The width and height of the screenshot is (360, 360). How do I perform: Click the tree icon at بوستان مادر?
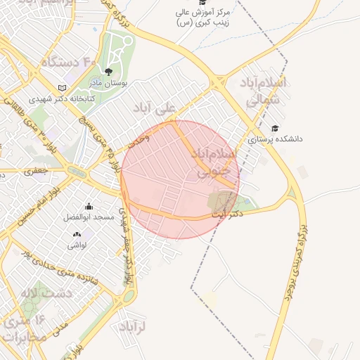click(x=108, y=72)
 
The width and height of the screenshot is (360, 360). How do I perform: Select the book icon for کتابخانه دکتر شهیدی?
click(x=63, y=88)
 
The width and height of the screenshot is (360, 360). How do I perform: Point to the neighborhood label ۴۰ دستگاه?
click(x=68, y=63)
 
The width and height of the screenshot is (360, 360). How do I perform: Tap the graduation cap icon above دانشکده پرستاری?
click(x=275, y=128)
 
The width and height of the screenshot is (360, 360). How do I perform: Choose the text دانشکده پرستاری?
click(x=275, y=139)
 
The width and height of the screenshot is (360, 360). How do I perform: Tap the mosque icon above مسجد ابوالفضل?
click(x=89, y=207)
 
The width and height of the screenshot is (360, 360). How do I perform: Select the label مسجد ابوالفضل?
click(x=89, y=218)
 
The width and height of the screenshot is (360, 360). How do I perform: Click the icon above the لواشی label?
click(x=77, y=233)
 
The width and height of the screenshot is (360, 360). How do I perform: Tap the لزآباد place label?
click(x=131, y=327)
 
